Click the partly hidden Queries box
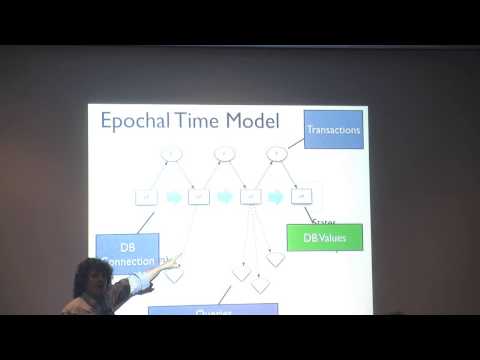point(213,310)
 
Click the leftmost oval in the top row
point(171,154)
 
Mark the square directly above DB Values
point(299,197)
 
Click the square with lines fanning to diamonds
point(250,197)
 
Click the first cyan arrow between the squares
point(172,197)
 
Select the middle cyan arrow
point(224,197)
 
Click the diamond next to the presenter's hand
point(175,277)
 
